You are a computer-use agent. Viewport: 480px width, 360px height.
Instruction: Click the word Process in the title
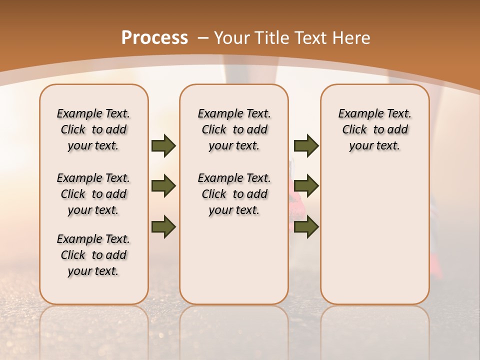[154, 38]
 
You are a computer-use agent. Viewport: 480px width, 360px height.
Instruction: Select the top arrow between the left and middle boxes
[163, 145]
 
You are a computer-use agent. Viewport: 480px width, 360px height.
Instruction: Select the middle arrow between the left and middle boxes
[163, 186]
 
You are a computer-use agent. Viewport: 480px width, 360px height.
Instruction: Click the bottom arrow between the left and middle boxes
[163, 226]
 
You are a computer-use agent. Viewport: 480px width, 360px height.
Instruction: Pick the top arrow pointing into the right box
[306, 145]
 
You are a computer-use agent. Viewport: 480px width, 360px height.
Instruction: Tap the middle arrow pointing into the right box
[306, 186]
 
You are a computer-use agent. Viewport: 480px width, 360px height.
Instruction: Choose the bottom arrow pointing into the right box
[306, 226]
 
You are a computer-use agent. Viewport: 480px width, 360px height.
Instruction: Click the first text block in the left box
[93, 129]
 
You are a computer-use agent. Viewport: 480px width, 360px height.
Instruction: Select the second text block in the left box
[93, 194]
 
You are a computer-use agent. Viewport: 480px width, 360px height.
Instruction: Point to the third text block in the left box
[93, 255]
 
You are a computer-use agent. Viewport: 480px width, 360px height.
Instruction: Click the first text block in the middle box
[234, 129]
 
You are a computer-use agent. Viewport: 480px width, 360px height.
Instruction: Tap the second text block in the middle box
[234, 194]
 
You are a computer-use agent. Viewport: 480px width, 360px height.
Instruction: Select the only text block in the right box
[374, 129]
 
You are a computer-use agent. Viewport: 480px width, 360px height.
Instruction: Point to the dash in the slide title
[203, 38]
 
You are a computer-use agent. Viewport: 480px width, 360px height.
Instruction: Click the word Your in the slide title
[232, 38]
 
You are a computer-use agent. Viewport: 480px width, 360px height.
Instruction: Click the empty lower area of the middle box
[234, 260]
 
